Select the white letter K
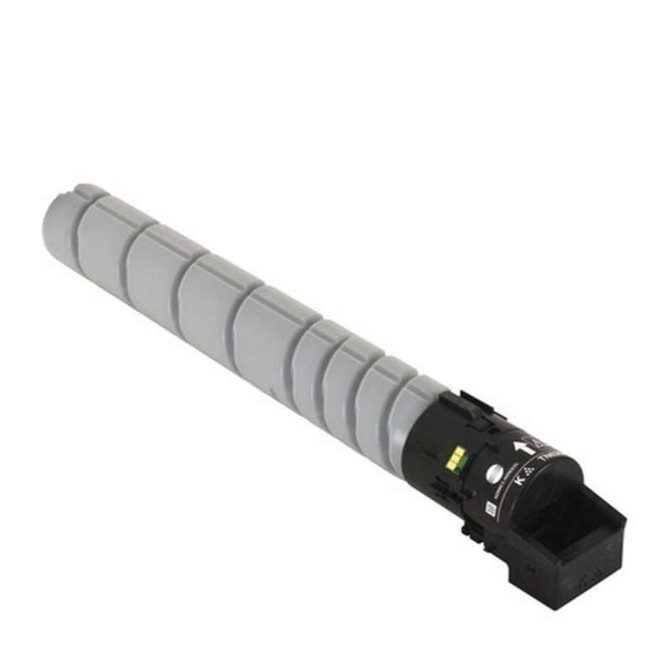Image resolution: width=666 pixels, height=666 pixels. click(x=519, y=481)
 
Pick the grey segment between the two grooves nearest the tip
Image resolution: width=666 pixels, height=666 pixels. click(x=103, y=237)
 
